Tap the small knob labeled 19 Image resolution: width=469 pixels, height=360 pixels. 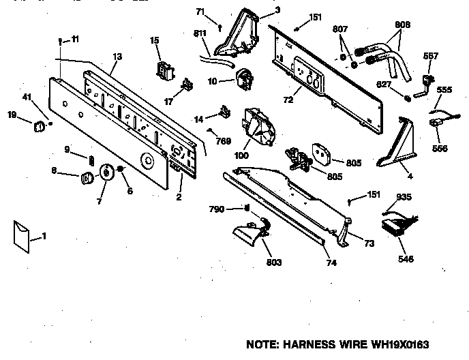point(40,126)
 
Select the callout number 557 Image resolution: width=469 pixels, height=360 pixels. point(432,56)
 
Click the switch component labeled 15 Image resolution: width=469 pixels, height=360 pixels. point(163,69)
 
